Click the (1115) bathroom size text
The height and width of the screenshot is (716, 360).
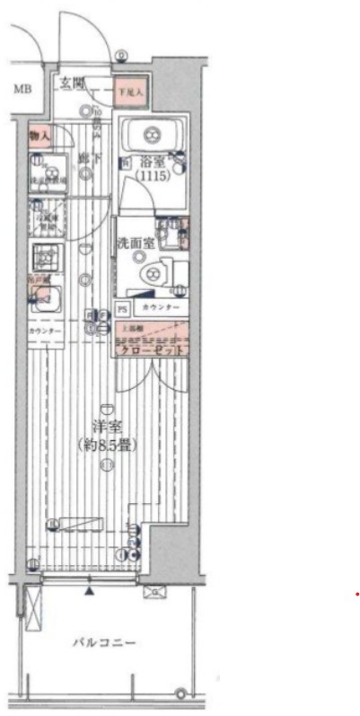pos(150,179)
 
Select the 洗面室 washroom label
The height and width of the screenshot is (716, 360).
pos(135,243)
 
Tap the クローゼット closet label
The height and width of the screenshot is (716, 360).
pos(152,349)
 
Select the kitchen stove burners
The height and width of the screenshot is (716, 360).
pos(43,258)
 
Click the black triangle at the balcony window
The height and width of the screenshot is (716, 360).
pos(89,591)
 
